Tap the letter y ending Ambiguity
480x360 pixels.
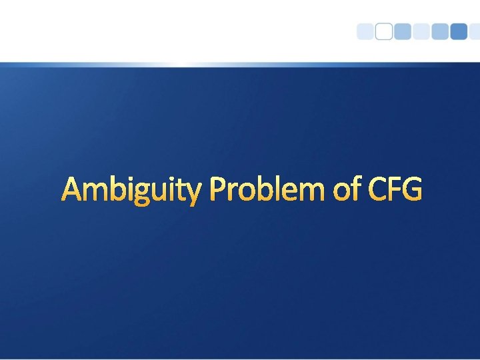[191, 195]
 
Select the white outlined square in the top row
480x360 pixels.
[384, 32]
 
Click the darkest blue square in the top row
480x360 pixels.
[459, 32]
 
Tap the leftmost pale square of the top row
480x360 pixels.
[365, 32]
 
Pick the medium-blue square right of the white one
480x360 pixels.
[403, 32]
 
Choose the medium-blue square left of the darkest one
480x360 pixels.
[440, 32]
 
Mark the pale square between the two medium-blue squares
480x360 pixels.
[421, 32]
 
